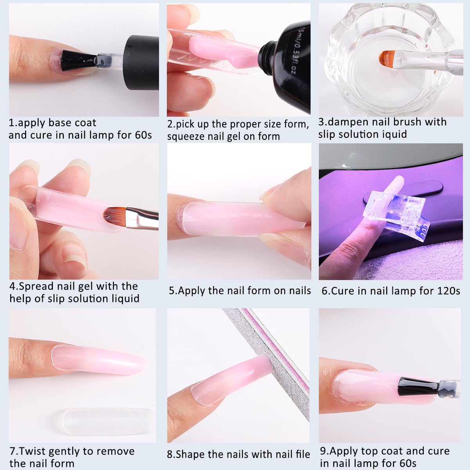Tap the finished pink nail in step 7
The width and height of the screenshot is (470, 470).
tap(102, 356)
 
